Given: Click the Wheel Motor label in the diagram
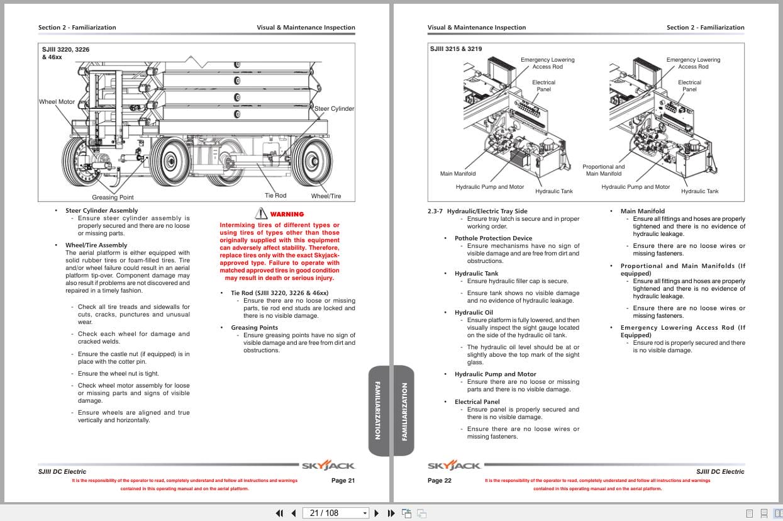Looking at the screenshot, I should pyautogui.click(x=57, y=102).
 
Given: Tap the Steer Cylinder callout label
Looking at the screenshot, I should pyautogui.click(x=334, y=109).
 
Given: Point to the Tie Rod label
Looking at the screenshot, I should pyautogui.click(x=275, y=196).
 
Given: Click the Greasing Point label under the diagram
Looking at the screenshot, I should pyautogui.click(x=113, y=197).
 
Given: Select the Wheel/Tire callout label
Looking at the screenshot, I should pyautogui.click(x=326, y=196).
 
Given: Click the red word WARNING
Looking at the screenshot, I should pyautogui.click(x=287, y=215).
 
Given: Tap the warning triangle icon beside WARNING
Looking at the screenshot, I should pyautogui.click(x=261, y=214).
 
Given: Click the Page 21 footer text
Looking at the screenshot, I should pyautogui.click(x=343, y=481).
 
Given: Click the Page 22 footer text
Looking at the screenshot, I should pyautogui.click(x=440, y=481).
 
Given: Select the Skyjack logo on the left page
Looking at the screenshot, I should pyautogui.click(x=328, y=466).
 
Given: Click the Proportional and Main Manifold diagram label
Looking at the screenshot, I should pyautogui.click(x=603, y=170).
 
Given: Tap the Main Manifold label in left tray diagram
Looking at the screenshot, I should pyautogui.click(x=458, y=174).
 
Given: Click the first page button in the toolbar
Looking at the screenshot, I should pyautogui.click(x=280, y=513).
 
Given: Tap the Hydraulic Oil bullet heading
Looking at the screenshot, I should pyautogui.click(x=474, y=313).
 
